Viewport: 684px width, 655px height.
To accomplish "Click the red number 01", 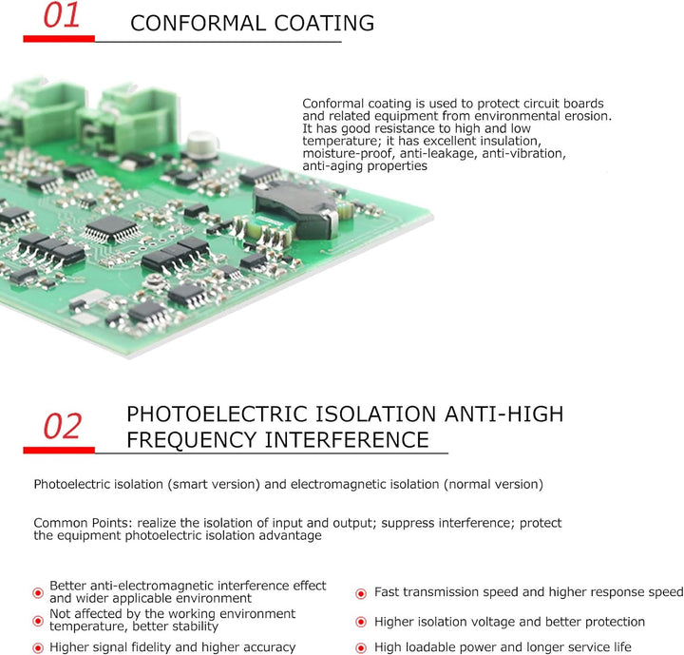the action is coord(62,15).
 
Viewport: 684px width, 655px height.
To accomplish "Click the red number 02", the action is coord(63,426).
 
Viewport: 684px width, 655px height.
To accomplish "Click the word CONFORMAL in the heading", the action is coord(199,23).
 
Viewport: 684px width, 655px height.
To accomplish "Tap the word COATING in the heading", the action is coord(324,23).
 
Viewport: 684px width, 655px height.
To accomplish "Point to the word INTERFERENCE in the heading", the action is coord(348,440).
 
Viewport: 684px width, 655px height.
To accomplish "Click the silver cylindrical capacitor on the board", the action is coord(202,144).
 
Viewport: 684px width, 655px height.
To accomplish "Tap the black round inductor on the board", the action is coord(296,210).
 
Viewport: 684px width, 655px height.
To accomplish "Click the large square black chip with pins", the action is coord(112,229).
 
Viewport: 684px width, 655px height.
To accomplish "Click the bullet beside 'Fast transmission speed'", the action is coord(361,593).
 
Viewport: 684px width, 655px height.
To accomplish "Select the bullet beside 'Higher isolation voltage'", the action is coord(361,622).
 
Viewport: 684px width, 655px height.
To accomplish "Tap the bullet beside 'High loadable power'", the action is coord(361,648).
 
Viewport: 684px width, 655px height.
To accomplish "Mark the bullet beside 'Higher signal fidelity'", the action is coord(38,647).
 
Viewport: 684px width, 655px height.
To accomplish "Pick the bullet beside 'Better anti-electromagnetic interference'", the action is coord(38,592).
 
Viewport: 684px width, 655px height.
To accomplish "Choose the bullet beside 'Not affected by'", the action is coord(38,621).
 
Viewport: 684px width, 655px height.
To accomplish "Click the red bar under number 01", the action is coord(59,39).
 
